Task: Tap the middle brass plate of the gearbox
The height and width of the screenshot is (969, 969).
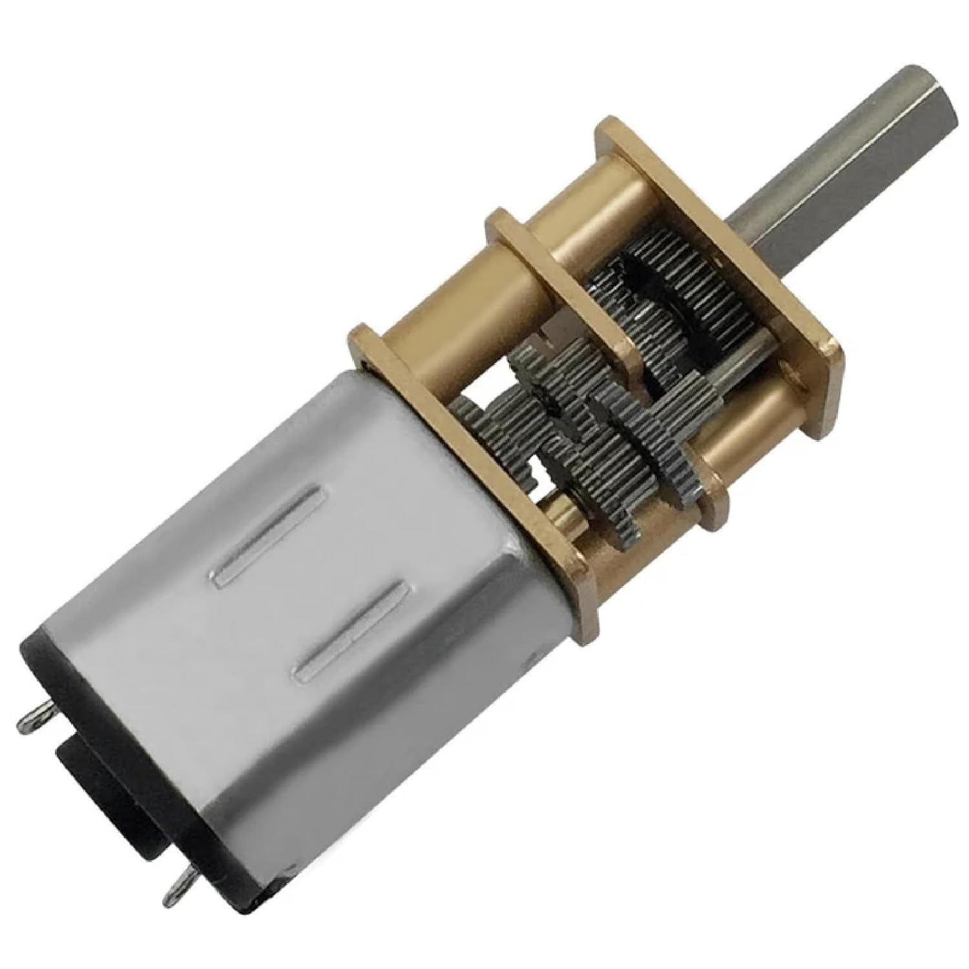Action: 562,284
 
